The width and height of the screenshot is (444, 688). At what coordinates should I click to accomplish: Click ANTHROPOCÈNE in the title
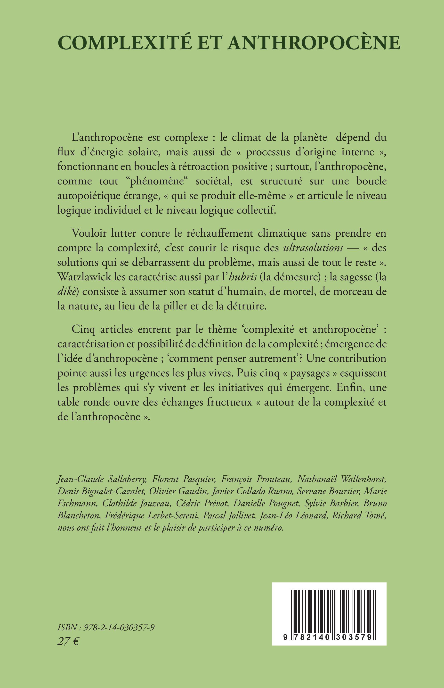coord(314,43)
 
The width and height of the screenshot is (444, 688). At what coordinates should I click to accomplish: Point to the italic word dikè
coord(66,291)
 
